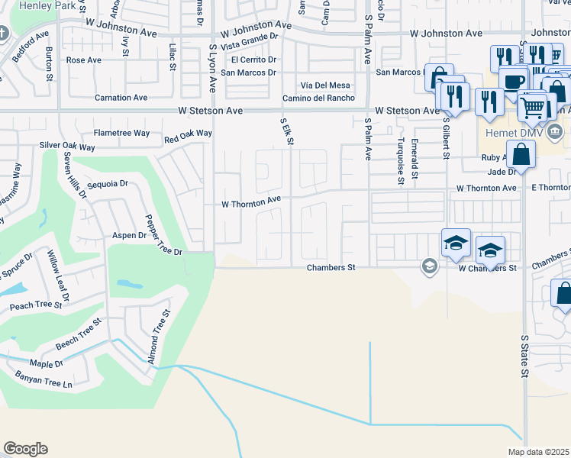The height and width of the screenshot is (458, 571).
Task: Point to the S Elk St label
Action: [288, 131]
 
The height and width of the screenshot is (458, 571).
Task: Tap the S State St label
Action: [524, 356]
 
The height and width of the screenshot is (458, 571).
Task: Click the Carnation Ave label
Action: [121, 98]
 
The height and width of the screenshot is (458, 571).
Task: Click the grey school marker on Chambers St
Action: [429, 266]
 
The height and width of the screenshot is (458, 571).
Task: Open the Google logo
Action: [25, 449]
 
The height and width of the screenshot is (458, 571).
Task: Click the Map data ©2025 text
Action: [538, 452]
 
